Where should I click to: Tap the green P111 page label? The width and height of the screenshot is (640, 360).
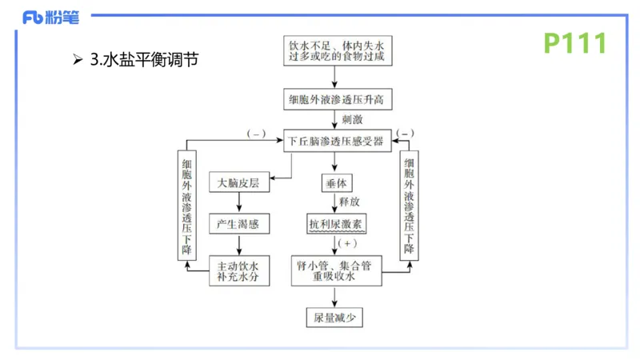(575, 43)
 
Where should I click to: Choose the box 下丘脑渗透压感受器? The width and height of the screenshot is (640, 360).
(337, 141)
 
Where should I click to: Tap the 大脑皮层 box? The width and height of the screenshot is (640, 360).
(239, 182)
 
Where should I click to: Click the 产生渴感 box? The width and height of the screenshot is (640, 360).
(239, 224)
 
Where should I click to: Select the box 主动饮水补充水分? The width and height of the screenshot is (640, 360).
(239, 270)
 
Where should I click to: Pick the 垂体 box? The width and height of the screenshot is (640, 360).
(334, 182)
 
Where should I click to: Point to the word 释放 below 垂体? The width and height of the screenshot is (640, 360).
(350, 203)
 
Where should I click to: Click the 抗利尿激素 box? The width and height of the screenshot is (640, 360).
(336, 224)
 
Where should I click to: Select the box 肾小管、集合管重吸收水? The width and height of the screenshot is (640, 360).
(337, 270)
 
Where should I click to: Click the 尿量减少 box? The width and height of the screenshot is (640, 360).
(335, 318)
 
